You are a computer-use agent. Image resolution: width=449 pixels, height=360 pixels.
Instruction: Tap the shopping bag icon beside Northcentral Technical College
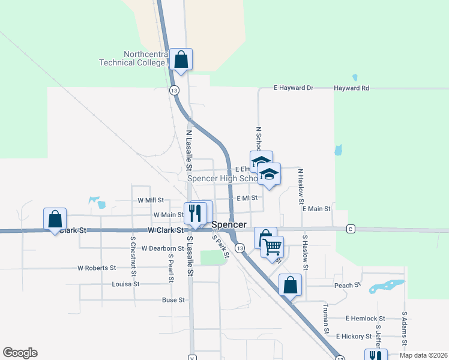point(181,59)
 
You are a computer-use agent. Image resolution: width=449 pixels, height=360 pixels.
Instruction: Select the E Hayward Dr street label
point(294,88)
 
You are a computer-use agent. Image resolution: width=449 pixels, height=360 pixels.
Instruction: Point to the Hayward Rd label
point(352,88)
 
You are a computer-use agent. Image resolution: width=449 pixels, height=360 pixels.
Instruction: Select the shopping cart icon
point(272,247)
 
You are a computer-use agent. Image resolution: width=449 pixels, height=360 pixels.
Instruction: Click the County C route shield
point(351,229)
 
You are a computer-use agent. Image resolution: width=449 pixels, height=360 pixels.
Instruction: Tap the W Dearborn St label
point(163,248)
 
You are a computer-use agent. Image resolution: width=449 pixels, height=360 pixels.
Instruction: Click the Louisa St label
point(125,284)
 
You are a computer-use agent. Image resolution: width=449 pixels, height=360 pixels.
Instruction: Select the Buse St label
point(173,300)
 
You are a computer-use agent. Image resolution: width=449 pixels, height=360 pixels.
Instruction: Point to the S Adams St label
point(405,329)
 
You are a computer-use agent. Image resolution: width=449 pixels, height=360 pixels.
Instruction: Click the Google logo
point(20,353)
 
